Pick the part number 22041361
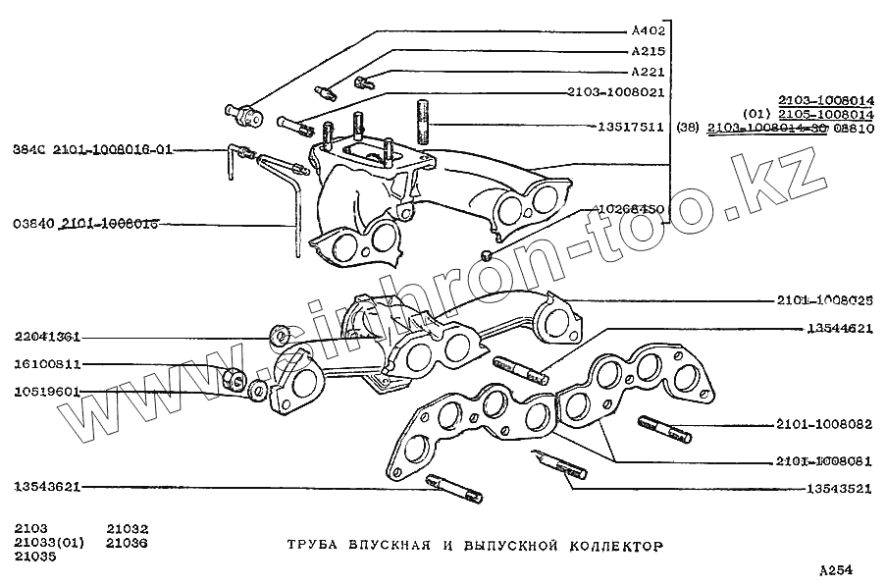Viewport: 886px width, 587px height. tap(47, 337)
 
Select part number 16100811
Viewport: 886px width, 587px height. tap(47, 364)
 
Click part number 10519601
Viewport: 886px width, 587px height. tap(47, 392)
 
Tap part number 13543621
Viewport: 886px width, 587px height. tap(47, 486)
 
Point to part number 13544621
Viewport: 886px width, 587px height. tap(840, 329)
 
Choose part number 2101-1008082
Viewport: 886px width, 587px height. tap(823, 426)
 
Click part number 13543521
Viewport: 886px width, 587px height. tap(840, 488)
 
